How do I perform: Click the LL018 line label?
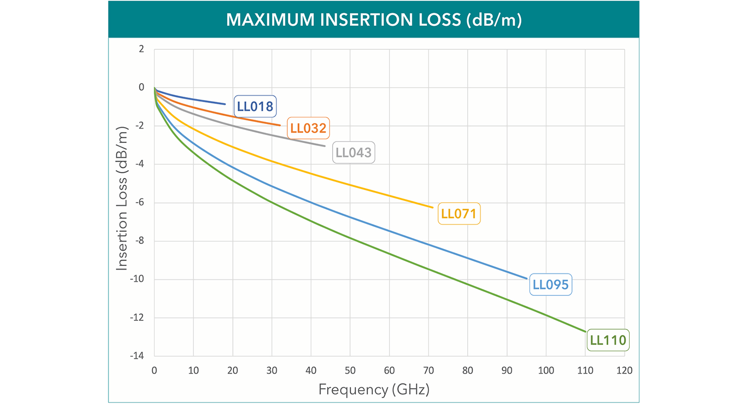[x=255, y=106]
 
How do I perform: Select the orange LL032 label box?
[x=308, y=128]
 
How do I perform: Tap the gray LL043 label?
[x=354, y=152]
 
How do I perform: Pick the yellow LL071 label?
[x=459, y=214]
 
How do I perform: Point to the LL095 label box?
[x=551, y=285]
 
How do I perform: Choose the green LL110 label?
[x=607, y=341]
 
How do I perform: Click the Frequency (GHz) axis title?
[x=374, y=389]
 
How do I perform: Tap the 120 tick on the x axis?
[x=624, y=371]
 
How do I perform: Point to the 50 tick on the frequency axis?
[x=350, y=371]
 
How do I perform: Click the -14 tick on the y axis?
[x=138, y=356]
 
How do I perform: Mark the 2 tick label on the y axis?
[x=141, y=49]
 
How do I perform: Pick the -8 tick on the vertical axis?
[x=139, y=241]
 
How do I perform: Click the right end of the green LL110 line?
[x=585, y=332]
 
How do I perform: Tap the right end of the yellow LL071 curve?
[x=432, y=207]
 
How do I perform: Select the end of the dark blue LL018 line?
[x=225, y=104]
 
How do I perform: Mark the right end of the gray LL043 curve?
[x=325, y=146]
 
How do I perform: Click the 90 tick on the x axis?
[x=507, y=371]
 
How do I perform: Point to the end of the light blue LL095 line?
[x=527, y=278]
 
